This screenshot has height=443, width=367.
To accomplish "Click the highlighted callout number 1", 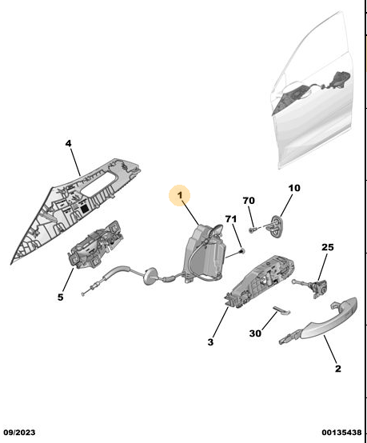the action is pyautogui.click(x=180, y=195).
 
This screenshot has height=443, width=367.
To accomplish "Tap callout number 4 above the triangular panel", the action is pyautogui.click(x=69, y=143).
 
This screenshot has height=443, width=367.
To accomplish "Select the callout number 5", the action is pyautogui.click(x=61, y=297).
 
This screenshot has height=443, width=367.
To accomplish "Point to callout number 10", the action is pyautogui.click(x=294, y=188).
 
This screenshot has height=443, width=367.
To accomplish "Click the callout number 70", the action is pyautogui.click(x=249, y=201).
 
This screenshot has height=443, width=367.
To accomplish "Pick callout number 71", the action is pyautogui.click(x=231, y=219).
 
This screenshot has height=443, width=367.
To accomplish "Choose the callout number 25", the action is pyautogui.click(x=328, y=247).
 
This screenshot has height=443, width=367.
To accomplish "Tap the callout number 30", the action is pyautogui.click(x=255, y=333).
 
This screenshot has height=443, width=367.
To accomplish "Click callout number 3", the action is pyautogui.click(x=210, y=342).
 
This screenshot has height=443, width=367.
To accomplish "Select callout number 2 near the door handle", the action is pyautogui.click(x=338, y=369).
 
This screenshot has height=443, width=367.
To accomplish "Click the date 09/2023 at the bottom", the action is pyautogui.click(x=19, y=433).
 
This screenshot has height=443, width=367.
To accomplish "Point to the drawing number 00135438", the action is pyautogui.click(x=341, y=433).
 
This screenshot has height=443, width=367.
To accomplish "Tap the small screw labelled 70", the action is pyautogui.click(x=252, y=230).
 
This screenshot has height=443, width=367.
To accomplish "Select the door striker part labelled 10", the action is pyautogui.click(x=276, y=226).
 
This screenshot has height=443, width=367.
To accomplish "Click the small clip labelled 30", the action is pyautogui.click(x=281, y=310).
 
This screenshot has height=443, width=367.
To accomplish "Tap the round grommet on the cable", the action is pyautogui.click(x=150, y=277).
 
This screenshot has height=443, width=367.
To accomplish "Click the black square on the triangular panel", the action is pyautogui.click(x=84, y=210).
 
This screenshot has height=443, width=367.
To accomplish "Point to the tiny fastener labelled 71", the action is pyautogui.click(x=241, y=251).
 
